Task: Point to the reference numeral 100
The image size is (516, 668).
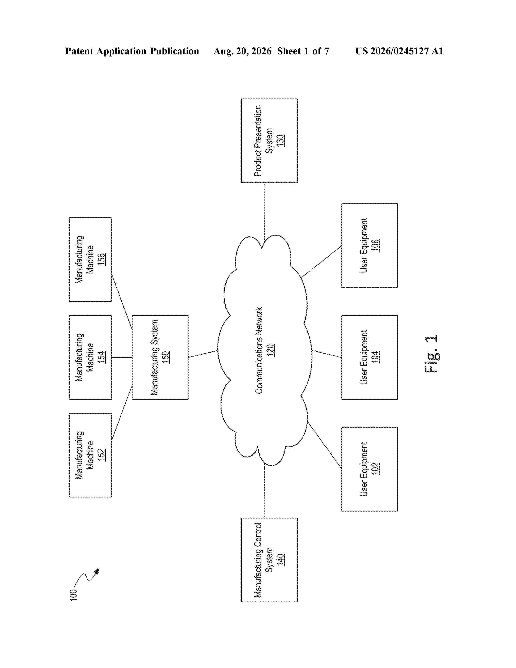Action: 73,595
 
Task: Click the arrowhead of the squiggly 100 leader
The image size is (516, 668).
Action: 97,571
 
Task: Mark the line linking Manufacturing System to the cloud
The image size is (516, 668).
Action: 203,354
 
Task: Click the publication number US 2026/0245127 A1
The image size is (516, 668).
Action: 399,51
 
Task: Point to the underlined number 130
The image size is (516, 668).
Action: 280,141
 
